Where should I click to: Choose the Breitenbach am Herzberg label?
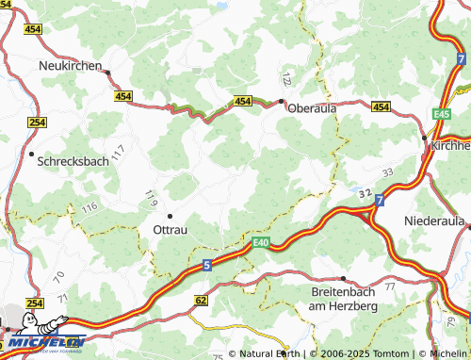pyautogui.click(x=342, y=300)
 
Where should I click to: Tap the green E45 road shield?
pyautogui.click(x=444, y=114)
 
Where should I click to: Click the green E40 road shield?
pyautogui.click(x=262, y=243)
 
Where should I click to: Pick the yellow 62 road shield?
pyautogui.click(x=201, y=300)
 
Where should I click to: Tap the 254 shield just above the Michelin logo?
pyautogui.click(x=35, y=303)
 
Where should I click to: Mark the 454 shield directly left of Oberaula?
pyautogui.click(x=243, y=101)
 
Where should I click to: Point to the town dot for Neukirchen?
pyautogui.click(x=108, y=72)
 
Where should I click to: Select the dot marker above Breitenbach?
pyautogui.click(x=343, y=279)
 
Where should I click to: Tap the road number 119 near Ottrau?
pyautogui.click(x=149, y=199)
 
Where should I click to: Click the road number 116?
pyautogui.click(x=89, y=206)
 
